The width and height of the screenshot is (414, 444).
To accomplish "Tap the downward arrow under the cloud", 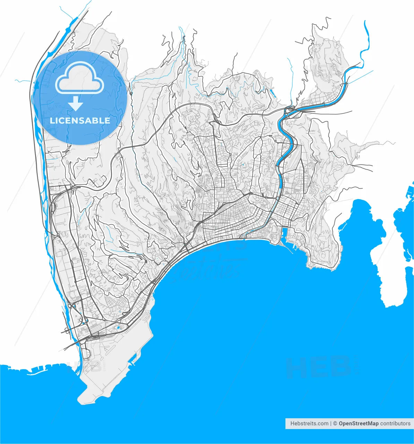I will pos(76,104).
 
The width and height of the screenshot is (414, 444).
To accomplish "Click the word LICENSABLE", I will pos(80,120).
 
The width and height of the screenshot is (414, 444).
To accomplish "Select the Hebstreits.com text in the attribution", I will pos(309,424).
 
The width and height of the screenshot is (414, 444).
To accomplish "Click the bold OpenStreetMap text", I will pos(359,424).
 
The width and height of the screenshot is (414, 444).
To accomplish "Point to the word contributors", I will pos(395,424).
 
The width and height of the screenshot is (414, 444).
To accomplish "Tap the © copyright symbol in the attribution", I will pos(335,424).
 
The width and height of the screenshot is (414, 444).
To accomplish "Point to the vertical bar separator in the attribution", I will pos(331,424).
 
